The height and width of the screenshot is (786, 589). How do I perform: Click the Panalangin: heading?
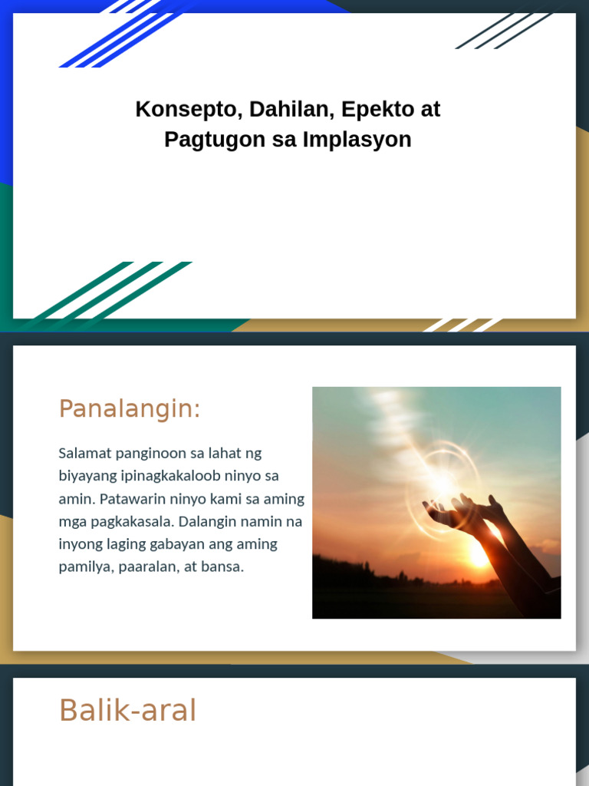click(x=129, y=409)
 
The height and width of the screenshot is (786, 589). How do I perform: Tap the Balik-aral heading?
click(x=127, y=711)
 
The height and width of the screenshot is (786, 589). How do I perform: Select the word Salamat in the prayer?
click(x=82, y=453)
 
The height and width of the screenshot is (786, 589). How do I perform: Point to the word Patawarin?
click(x=133, y=499)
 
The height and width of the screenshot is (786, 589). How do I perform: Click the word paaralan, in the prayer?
click(x=147, y=567)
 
